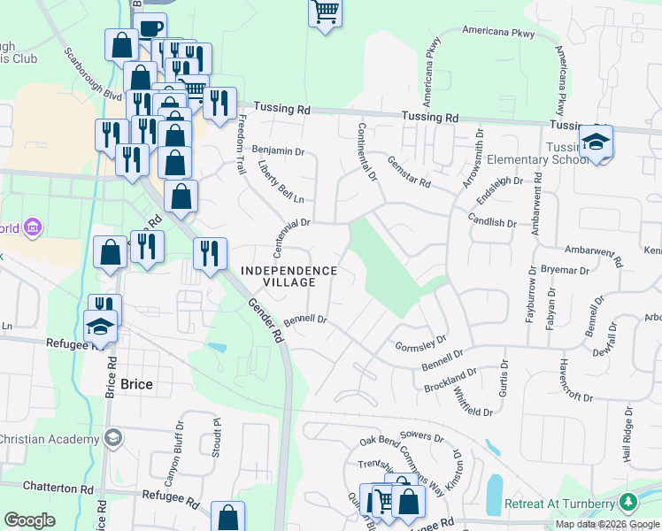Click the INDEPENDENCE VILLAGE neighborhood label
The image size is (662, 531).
(289, 276)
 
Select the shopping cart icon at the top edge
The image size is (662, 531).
(325, 12)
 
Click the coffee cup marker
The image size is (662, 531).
(150, 27)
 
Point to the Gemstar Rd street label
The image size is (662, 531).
(408, 172)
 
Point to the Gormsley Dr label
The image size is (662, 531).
(420, 342)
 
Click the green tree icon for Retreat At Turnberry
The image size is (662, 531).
(628, 502)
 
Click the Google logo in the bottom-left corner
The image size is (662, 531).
(28, 520)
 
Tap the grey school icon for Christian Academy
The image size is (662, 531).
(113, 438)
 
